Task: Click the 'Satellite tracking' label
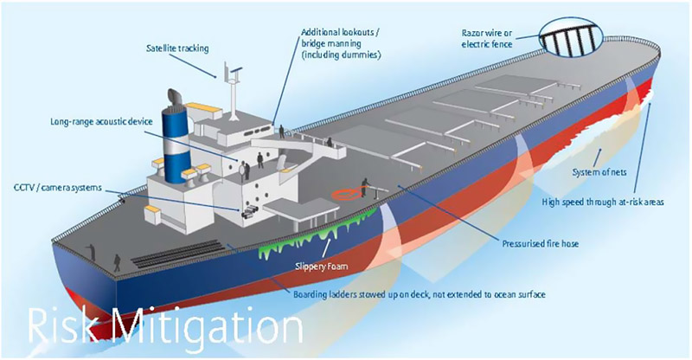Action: [x=177, y=48]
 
